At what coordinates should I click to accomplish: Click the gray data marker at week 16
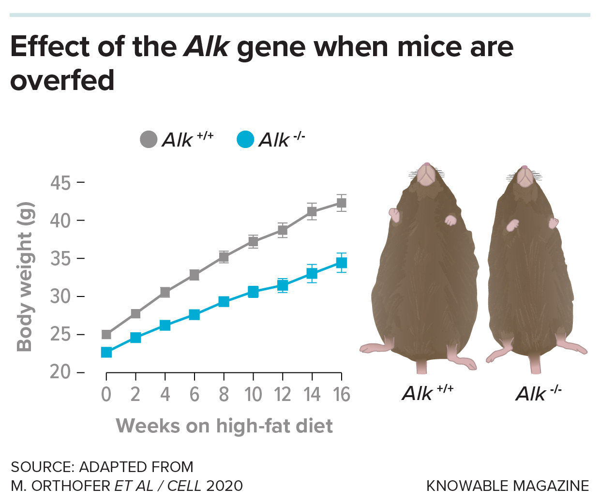point(341,203)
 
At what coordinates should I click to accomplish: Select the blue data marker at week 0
point(106,352)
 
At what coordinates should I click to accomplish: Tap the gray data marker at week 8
point(224,257)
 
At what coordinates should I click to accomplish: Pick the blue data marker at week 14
point(312,274)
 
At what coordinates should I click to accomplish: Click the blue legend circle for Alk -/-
point(245,140)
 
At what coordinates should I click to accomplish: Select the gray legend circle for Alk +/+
point(149,140)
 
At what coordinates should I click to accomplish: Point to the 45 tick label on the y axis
point(60,183)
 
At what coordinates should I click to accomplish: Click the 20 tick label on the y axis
point(60,372)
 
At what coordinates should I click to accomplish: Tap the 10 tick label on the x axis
point(253,395)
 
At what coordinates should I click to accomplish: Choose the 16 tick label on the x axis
point(342,395)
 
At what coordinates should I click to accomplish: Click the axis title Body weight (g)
point(25,277)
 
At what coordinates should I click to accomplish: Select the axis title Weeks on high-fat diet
point(225,426)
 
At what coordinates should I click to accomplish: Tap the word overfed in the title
point(62,81)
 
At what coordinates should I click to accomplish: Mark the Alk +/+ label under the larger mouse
point(428,393)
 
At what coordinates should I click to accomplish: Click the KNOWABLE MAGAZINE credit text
point(508,486)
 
